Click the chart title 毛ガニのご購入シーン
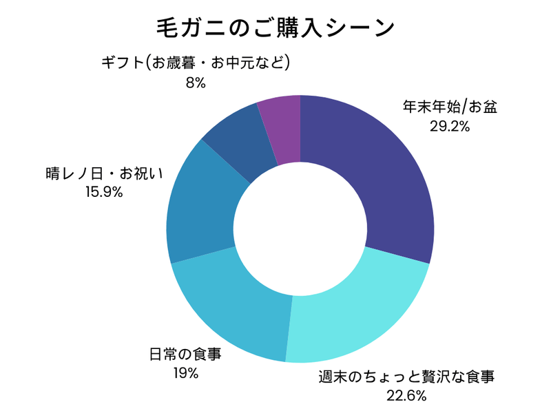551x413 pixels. click(x=275, y=29)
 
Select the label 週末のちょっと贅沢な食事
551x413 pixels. click(x=407, y=377)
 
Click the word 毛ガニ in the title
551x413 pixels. click(x=180, y=29)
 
